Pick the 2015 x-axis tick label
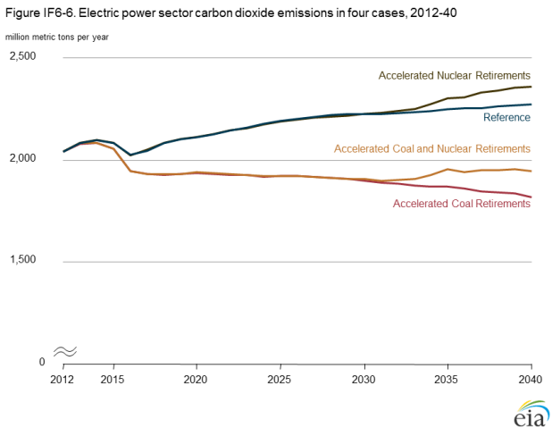click(x=113, y=379)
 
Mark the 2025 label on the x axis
click(x=280, y=379)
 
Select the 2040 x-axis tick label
click(x=531, y=379)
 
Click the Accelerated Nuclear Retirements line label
click(x=455, y=75)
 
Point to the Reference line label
click(x=506, y=117)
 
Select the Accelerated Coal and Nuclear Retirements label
click(x=432, y=148)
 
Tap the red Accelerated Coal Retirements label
click(x=462, y=204)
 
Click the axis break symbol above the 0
click(x=64, y=351)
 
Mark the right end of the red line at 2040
click(x=531, y=197)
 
